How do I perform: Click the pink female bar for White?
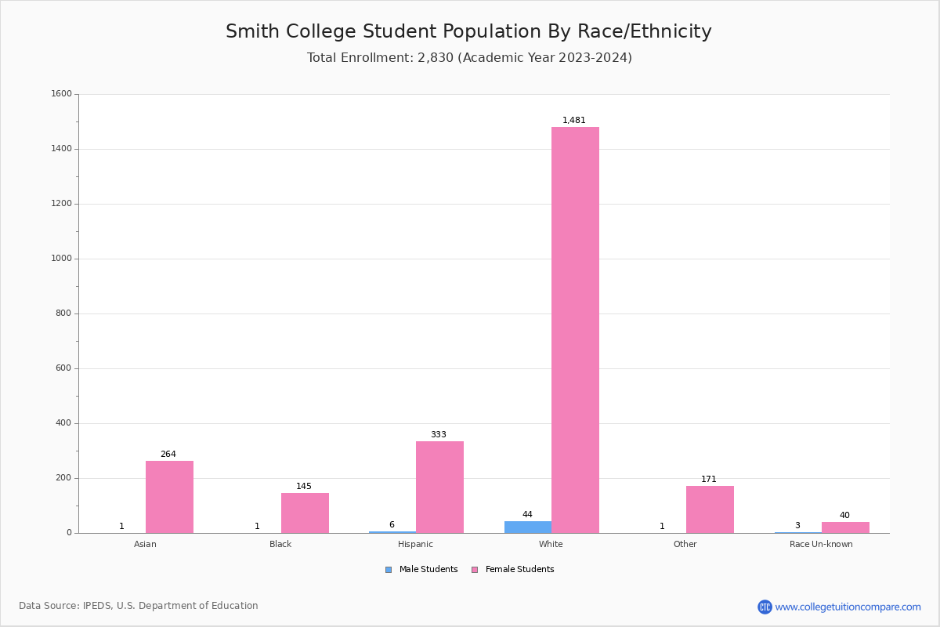pos(575,330)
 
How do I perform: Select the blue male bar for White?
pos(527,527)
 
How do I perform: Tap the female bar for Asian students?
pos(169,497)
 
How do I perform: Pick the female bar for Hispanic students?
pos(439,487)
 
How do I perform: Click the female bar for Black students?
pos(305,513)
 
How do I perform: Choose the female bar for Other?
pos(710,509)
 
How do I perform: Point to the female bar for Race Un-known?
pos(845,527)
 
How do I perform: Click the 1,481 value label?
pos(574,121)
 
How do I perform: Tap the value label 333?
pos(438,435)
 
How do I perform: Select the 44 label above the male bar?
pos(527,515)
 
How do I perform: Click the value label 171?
pos(709,480)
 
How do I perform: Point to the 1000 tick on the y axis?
pos(62,259)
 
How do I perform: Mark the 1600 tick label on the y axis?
pos(62,94)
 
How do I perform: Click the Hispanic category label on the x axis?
pos(415,544)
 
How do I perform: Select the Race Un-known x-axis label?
pos(821,544)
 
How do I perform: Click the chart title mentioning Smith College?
pos(468,32)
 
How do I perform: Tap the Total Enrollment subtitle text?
pos(469,58)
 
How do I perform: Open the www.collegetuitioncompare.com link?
pos(848,607)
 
